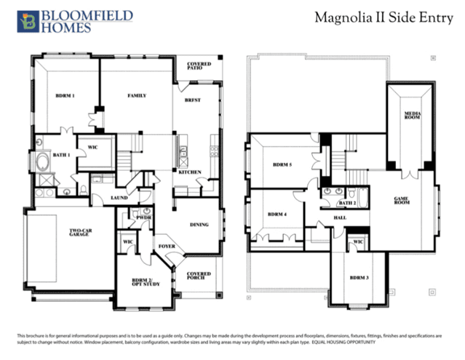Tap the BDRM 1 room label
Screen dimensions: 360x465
[x=65, y=96]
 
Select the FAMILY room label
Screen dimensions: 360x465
[x=138, y=95]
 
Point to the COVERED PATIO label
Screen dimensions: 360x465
[x=199, y=66]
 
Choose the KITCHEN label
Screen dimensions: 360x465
[x=190, y=172]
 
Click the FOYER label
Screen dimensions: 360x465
[x=167, y=246]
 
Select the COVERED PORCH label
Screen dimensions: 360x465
[x=199, y=276]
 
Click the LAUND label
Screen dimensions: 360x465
[x=119, y=197]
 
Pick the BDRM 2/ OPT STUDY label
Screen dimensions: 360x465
[x=141, y=282]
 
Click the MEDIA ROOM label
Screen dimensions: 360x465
[x=413, y=117]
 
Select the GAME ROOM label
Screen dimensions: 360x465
[x=401, y=199]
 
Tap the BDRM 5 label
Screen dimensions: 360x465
[x=279, y=164]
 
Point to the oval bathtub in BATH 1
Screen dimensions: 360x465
[x=40, y=161]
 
